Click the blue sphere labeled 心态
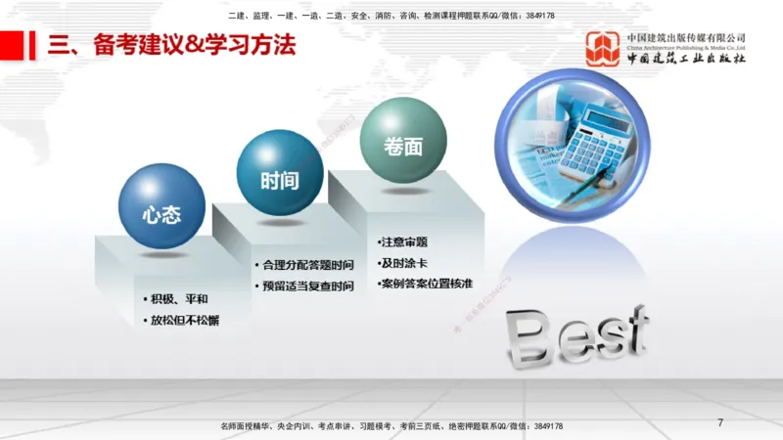click(x=161, y=207)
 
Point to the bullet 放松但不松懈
click(x=184, y=320)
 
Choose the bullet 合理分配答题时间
click(x=307, y=265)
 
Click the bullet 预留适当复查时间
click(x=307, y=286)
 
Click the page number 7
click(x=720, y=422)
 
